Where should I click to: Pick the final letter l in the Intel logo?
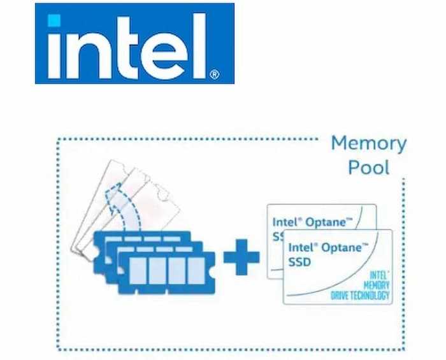tap(199, 45)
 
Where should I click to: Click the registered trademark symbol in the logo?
tap(214, 75)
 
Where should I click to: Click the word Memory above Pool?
tap(368, 143)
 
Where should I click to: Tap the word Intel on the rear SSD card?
tap(285, 222)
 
